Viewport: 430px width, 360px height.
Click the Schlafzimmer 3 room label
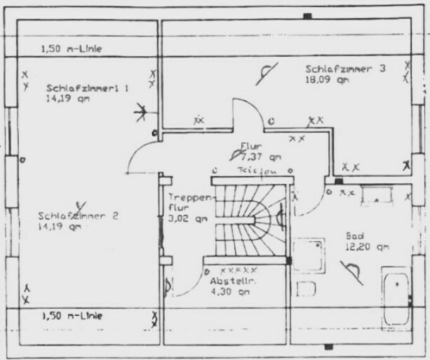(x=345, y=69)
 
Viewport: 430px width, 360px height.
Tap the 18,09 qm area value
(x=325, y=80)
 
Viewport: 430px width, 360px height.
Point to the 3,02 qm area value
(x=188, y=219)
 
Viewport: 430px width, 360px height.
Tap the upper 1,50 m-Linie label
(x=71, y=48)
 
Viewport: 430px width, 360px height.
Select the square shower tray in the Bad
(x=309, y=254)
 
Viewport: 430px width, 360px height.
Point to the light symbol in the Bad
(x=354, y=270)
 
